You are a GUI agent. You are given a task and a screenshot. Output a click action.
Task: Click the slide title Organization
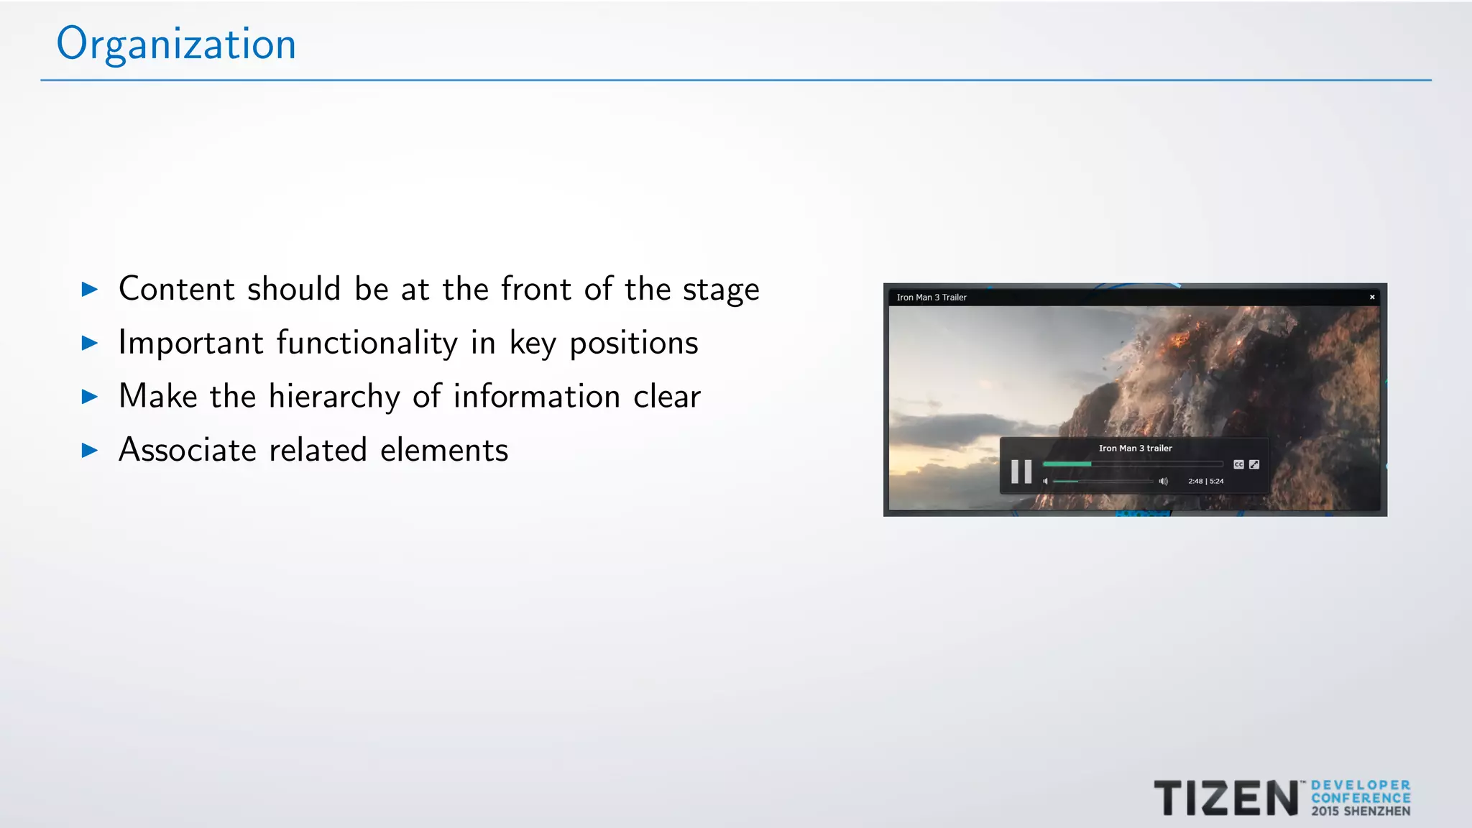176,45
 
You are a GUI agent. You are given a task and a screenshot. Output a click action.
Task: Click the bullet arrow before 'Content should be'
90,290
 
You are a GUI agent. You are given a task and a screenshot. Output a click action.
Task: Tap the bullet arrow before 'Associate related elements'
90,451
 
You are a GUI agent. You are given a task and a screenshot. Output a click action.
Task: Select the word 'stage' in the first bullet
721,290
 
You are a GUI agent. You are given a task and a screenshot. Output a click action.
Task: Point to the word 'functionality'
367,343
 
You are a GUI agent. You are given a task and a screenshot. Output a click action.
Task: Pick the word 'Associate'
188,451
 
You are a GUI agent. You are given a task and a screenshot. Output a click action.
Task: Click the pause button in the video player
1021,471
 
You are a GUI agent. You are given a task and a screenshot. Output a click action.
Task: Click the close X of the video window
1372,297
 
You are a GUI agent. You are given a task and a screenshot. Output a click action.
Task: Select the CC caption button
1238,464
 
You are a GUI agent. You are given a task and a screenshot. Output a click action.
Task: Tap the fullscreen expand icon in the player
1254,464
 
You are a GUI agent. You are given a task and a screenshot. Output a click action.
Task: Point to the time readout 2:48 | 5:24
1206,482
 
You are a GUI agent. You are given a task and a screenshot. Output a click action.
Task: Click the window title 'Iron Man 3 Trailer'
931,298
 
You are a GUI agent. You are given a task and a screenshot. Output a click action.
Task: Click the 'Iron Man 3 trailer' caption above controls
1135,448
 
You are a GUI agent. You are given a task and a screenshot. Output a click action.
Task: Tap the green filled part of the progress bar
1067,464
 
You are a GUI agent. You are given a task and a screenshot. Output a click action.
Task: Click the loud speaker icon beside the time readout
1164,482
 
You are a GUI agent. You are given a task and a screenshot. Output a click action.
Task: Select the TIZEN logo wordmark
1225,799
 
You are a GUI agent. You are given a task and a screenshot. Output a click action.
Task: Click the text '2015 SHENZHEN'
1361,811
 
